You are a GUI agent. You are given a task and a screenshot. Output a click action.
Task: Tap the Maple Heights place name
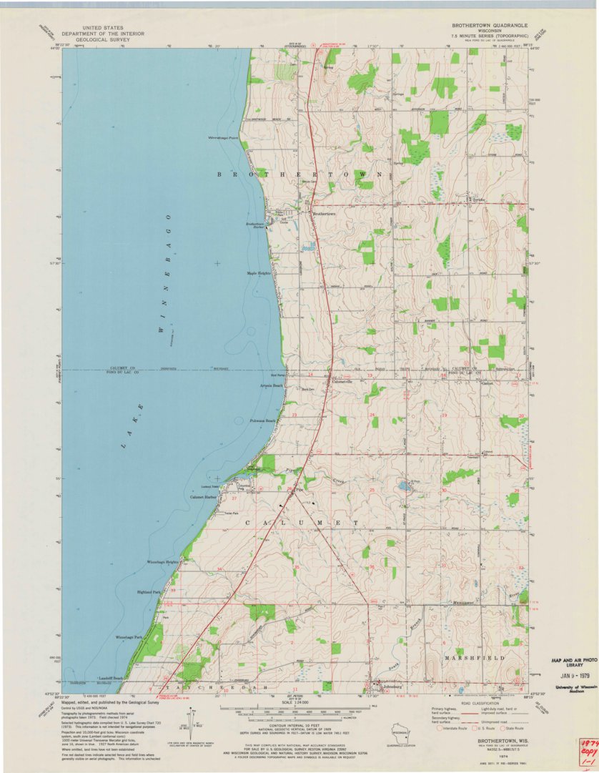tap(258, 273)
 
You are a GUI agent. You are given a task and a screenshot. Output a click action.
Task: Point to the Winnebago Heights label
tap(162, 562)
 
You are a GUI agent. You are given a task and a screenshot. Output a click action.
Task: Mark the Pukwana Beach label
tap(261, 420)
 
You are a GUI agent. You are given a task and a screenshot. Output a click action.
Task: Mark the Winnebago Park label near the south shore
tap(129, 636)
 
